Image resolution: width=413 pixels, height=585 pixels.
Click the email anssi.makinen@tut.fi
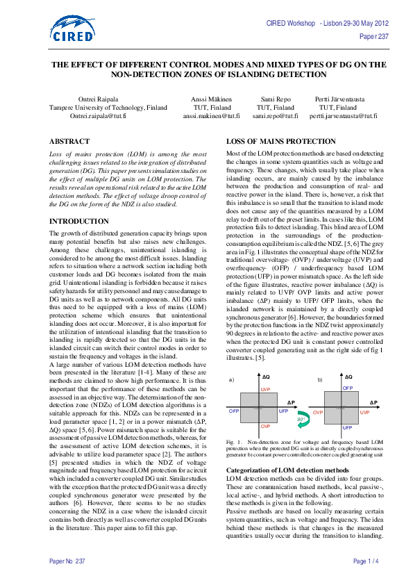point(211,116)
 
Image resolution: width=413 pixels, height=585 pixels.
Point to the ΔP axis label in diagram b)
point(373,402)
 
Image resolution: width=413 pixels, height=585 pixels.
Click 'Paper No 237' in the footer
point(67,560)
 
